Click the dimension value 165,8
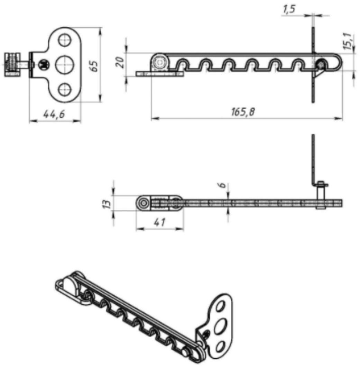coord(242,112)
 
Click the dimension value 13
coord(108,203)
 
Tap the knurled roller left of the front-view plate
coord(12,65)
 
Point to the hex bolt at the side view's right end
coord(321,65)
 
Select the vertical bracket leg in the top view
coord(314,159)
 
